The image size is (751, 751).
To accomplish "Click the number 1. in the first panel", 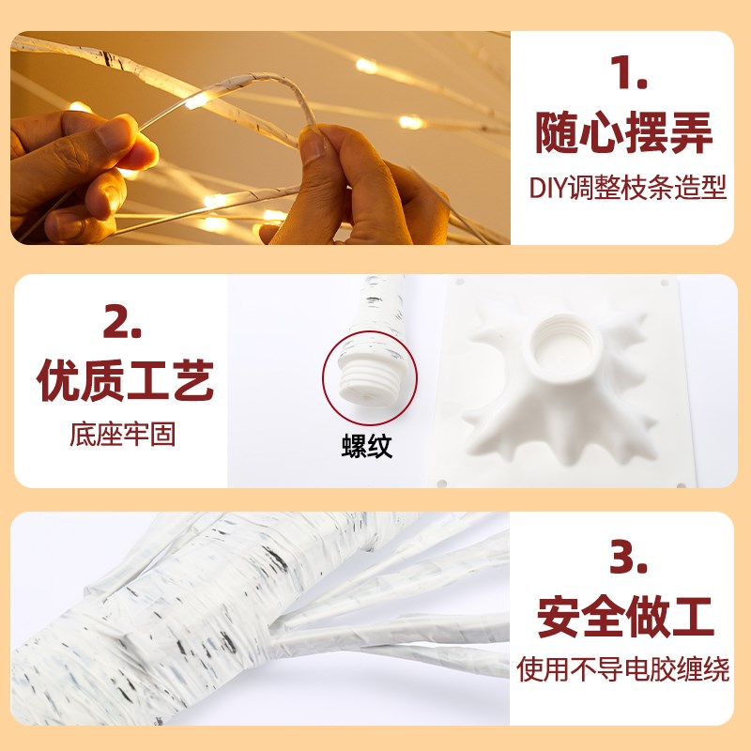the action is click(x=628, y=73).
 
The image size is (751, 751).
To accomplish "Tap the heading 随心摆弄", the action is click(x=623, y=132).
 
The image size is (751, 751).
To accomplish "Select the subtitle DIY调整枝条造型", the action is click(x=628, y=187).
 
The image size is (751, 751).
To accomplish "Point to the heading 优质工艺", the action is click(x=125, y=380).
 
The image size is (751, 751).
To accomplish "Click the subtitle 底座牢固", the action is click(x=123, y=435).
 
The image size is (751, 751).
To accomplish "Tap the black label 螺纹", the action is click(x=367, y=447).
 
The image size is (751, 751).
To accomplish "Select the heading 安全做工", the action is click(x=625, y=616).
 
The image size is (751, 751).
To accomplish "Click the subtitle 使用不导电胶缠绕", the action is click(x=623, y=669).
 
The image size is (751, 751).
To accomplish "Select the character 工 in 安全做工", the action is click(x=692, y=616).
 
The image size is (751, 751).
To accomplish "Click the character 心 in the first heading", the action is click(x=601, y=132).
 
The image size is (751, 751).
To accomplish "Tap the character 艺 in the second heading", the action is click(x=192, y=380).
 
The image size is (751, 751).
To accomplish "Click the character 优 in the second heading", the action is click(x=58, y=380).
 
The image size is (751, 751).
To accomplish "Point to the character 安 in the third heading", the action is click(x=559, y=616).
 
